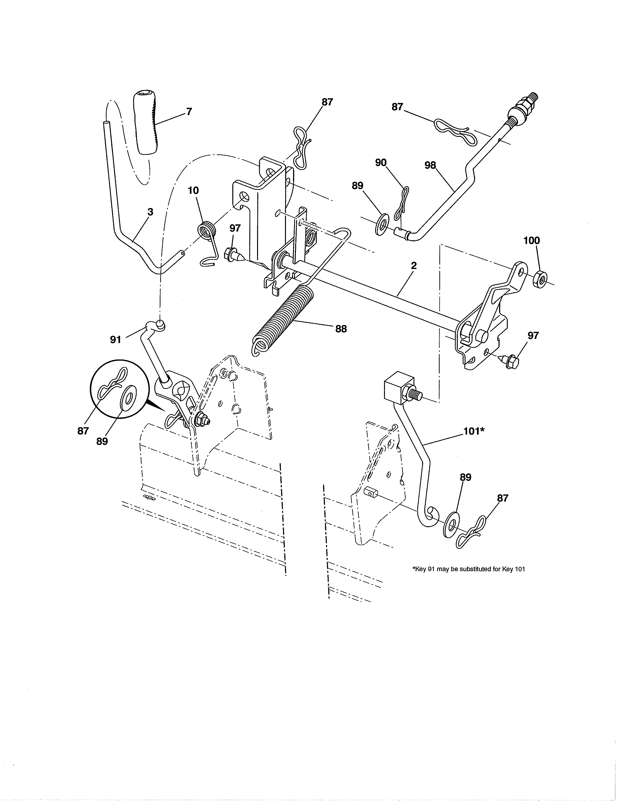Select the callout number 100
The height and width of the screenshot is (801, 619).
(x=531, y=241)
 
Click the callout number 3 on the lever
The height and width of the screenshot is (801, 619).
(x=150, y=212)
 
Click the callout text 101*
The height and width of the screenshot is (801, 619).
(x=474, y=431)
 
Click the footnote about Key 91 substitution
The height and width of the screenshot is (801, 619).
(x=469, y=569)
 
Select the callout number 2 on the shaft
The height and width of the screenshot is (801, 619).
(x=414, y=266)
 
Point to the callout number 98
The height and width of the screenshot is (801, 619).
(x=430, y=165)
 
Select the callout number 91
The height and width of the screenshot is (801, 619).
(x=116, y=340)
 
